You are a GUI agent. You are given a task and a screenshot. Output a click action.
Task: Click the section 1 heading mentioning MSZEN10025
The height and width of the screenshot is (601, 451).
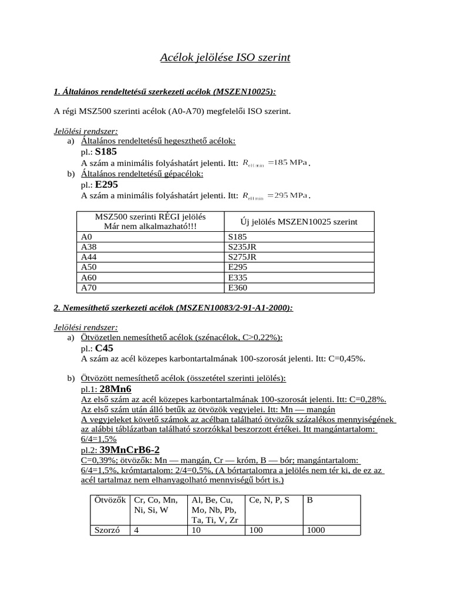coord(165,92)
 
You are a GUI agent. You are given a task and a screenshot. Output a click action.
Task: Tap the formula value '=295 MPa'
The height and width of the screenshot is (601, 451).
coord(287,195)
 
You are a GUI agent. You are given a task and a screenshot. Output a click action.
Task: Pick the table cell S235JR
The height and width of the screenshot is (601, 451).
coord(243,247)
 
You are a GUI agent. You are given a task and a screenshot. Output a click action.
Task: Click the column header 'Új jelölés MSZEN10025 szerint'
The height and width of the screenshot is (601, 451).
coord(299,221)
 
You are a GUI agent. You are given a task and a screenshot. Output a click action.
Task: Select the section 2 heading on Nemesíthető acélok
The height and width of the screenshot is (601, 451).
coord(173,308)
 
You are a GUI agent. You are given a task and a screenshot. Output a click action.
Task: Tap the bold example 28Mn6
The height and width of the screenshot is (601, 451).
coord(116,389)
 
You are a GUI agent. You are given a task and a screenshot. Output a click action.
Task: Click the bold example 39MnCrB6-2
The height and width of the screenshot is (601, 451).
coord(130,450)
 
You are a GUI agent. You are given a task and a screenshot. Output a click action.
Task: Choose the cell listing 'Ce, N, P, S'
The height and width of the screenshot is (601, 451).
coord(270,500)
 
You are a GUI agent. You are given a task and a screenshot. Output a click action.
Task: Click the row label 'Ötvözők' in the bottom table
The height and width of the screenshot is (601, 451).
coord(110,500)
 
